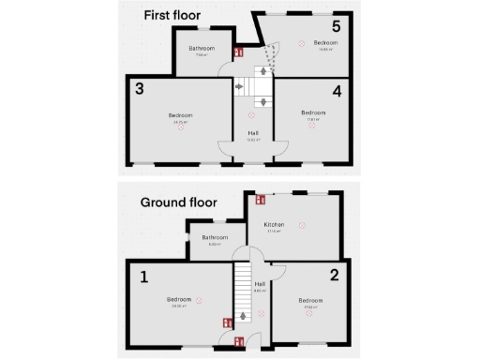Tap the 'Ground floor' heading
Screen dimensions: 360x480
click(178, 202)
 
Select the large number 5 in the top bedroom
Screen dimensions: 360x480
click(335, 25)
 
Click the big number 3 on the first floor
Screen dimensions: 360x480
click(139, 90)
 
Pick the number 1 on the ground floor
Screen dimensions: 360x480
click(144, 277)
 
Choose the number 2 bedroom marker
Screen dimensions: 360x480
click(334, 275)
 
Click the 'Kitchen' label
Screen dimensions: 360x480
click(274, 225)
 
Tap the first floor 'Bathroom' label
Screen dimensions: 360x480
click(202, 48)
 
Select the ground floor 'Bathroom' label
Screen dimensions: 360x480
click(215, 237)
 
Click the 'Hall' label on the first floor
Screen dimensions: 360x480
click(253, 133)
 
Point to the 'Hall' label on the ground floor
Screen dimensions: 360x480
click(260, 283)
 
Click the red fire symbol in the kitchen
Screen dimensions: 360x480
click(260, 199)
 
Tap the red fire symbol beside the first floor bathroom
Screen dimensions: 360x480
click(238, 52)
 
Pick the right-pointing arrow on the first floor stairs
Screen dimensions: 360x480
click(239, 86)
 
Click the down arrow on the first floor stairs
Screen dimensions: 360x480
click(263, 100)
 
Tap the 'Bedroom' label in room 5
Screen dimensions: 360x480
click(325, 42)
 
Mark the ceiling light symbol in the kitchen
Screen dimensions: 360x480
click(302, 225)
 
